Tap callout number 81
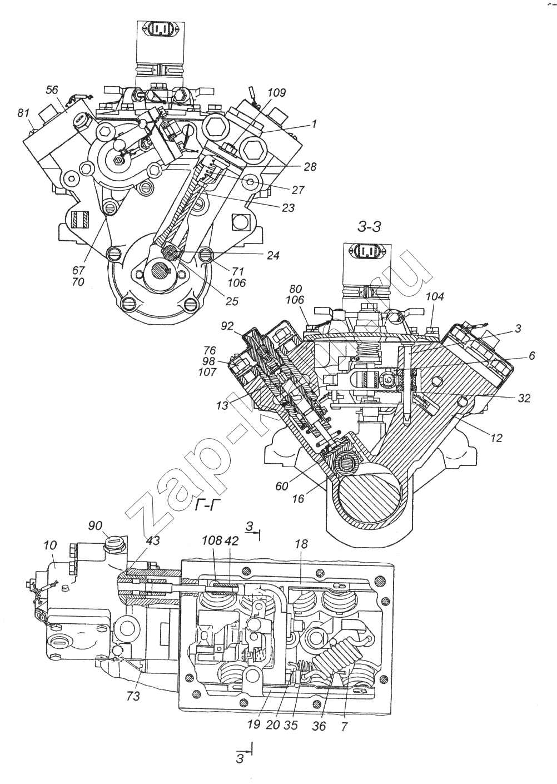click(23, 113)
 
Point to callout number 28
click(310, 167)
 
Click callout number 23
click(287, 209)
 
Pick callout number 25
click(232, 301)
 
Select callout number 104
click(435, 297)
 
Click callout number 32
click(524, 398)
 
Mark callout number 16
click(298, 499)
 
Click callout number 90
click(96, 525)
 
